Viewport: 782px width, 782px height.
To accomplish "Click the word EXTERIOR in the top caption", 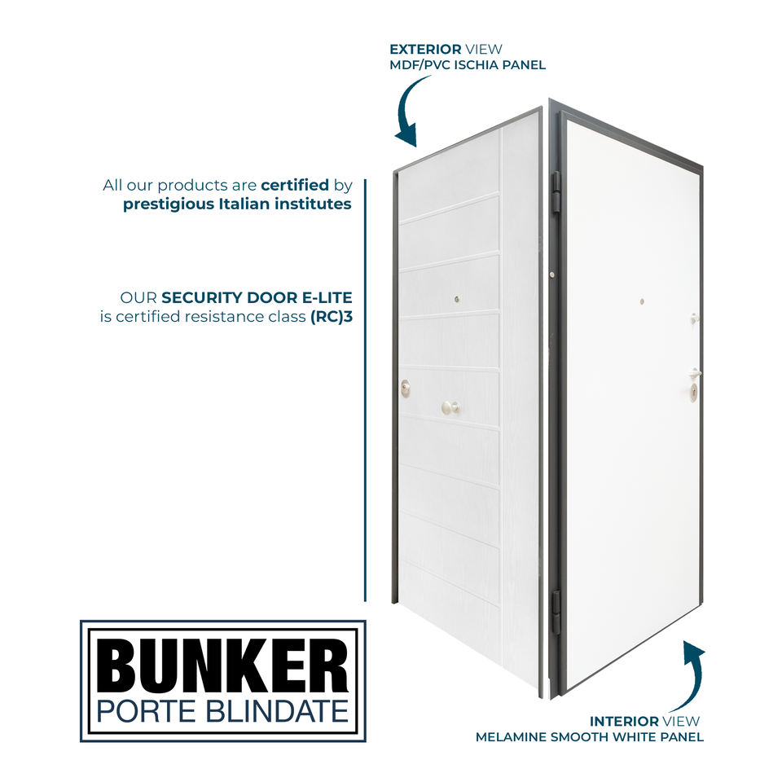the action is coord(426,50).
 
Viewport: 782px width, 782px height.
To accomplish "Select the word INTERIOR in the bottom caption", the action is coord(624,721).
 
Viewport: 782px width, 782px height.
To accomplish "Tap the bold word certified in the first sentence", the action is coord(295,185).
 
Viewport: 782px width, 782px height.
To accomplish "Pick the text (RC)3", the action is coord(336,316).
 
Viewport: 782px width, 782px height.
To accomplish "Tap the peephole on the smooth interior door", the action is coord(642,301).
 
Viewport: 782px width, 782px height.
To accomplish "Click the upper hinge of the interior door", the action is coord(556,193).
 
